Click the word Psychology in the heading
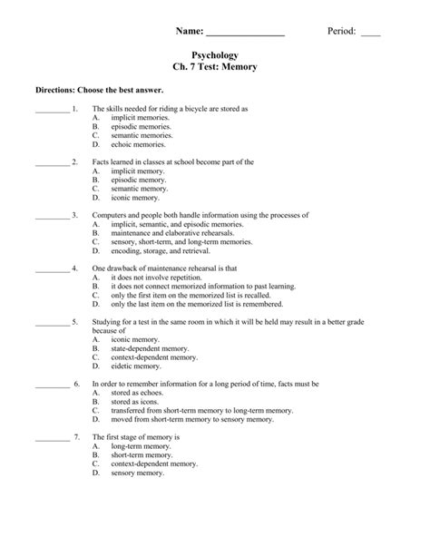tap(215, 55)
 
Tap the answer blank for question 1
tap(51, 110)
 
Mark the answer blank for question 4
tap(51, 269)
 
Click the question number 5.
tap(74, 322)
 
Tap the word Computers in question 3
tap(111, 215)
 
